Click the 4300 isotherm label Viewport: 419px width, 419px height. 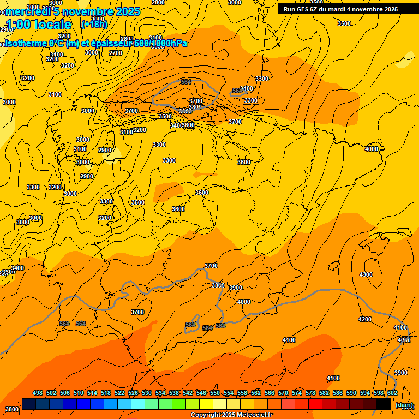(x=366, y=275)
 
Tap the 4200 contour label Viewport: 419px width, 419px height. (x=365, y=319)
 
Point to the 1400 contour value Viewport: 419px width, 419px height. (x=247, y=88)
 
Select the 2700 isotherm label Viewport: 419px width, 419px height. (x=116, y=53)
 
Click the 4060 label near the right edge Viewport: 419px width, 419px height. (x=404, y=340)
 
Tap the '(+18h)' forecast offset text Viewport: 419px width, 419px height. (x=94, y=25)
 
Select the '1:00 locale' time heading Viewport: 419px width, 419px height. (x=39, y=25)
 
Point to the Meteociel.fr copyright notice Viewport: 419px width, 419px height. (x=231, y=415)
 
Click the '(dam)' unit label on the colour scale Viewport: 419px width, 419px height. (x=404, y=405)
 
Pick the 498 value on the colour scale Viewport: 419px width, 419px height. (x=38, y=393)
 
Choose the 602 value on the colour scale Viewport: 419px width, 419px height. (x=392, y=393)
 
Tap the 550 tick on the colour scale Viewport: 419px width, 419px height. (x=215, y=393)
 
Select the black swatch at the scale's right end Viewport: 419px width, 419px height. (x=384, y=404)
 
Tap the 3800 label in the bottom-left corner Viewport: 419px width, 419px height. (x=11, y=409)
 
